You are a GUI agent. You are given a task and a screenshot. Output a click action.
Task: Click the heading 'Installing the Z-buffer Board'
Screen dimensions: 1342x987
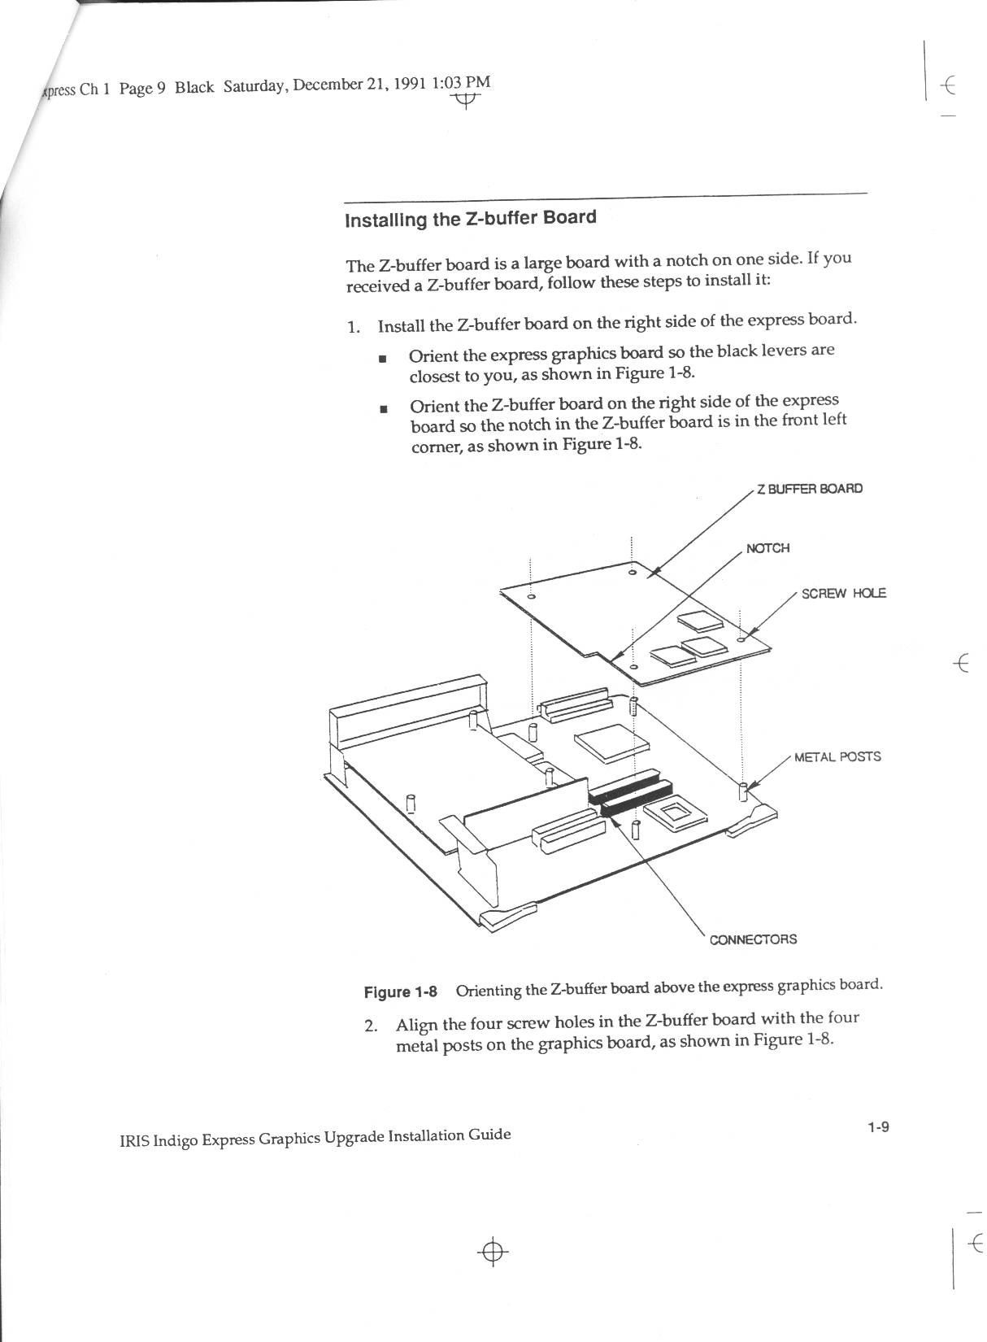click(x=470, y=219)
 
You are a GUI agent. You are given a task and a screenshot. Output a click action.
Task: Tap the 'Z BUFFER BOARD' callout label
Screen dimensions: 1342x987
click(x=809, y=489)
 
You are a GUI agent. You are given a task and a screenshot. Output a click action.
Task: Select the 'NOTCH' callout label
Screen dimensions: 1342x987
click(x=767, y=548)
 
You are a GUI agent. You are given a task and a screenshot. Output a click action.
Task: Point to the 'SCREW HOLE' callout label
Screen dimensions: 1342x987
click(x=843, y=593)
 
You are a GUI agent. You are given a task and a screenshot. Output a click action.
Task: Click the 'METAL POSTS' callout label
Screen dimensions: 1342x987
click(x=837, y=757)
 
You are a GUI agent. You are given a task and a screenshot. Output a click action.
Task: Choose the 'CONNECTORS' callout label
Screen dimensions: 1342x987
click(x=753, y=939)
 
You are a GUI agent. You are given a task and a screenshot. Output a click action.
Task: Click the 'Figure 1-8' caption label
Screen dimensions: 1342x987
click(x=399, y=991)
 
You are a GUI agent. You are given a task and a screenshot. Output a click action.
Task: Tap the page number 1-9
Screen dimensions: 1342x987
click(x=878, y=1127)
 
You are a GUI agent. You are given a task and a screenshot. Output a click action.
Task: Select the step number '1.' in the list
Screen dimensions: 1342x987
click(x=353, y=327)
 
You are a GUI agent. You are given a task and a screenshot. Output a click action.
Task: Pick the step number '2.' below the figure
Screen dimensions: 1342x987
click(x=371, y=1025)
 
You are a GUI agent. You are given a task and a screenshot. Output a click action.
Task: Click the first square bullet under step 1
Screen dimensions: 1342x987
click(x=382, y=358)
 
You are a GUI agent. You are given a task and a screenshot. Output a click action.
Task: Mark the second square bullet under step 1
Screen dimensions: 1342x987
click(x=383, y=408)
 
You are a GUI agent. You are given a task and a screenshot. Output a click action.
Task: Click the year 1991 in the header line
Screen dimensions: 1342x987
click(x=410, y=84)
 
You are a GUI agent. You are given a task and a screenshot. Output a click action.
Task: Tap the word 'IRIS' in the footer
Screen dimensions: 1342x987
click(x=134, y=1141)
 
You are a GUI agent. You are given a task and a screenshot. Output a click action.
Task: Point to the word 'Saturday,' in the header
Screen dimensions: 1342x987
click(x=254, y=86)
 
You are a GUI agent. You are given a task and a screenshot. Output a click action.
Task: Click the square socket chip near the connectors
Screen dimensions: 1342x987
click(x=673, y=813)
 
